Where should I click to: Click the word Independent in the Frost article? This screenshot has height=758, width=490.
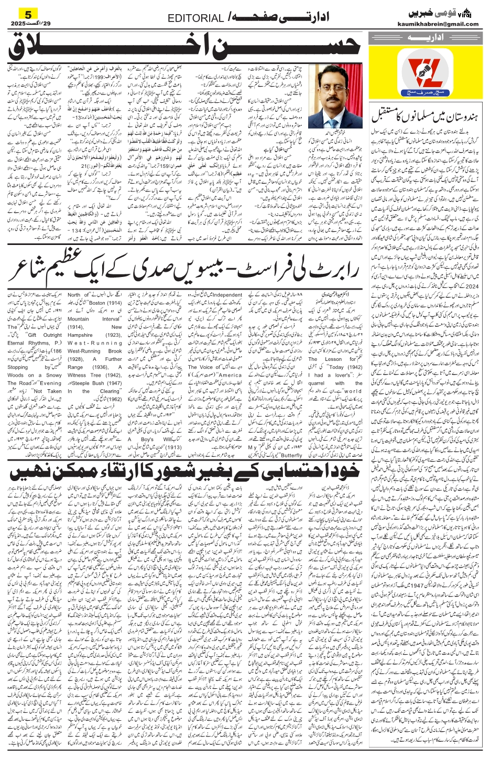(227, 295)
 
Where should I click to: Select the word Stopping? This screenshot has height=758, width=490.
(18, 367)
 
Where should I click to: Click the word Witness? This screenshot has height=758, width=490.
(78, 375)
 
